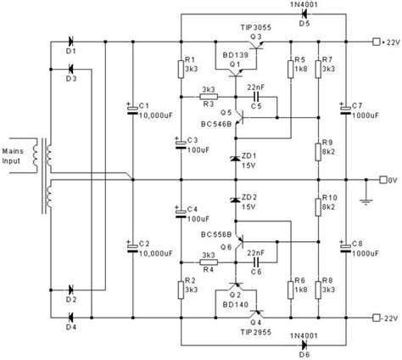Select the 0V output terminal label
click(x=388, y=179)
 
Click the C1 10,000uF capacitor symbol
click(x=132, y=110)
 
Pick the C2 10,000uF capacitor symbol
click(x=132, y=247)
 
